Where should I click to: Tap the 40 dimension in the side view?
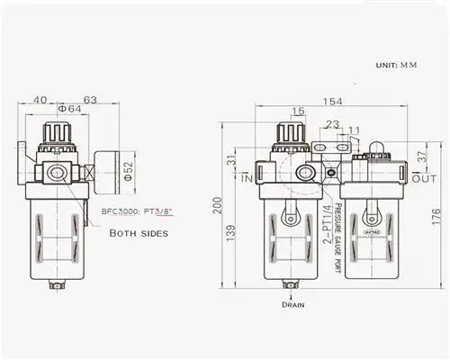point(40,99)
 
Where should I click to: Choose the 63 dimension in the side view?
point(90,99)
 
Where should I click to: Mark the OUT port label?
point(424,180)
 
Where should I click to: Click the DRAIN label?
point(293,305)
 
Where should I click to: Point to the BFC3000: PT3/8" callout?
point(136,211)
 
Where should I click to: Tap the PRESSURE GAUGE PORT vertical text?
point(338,238)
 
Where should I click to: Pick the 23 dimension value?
point(333,125)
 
